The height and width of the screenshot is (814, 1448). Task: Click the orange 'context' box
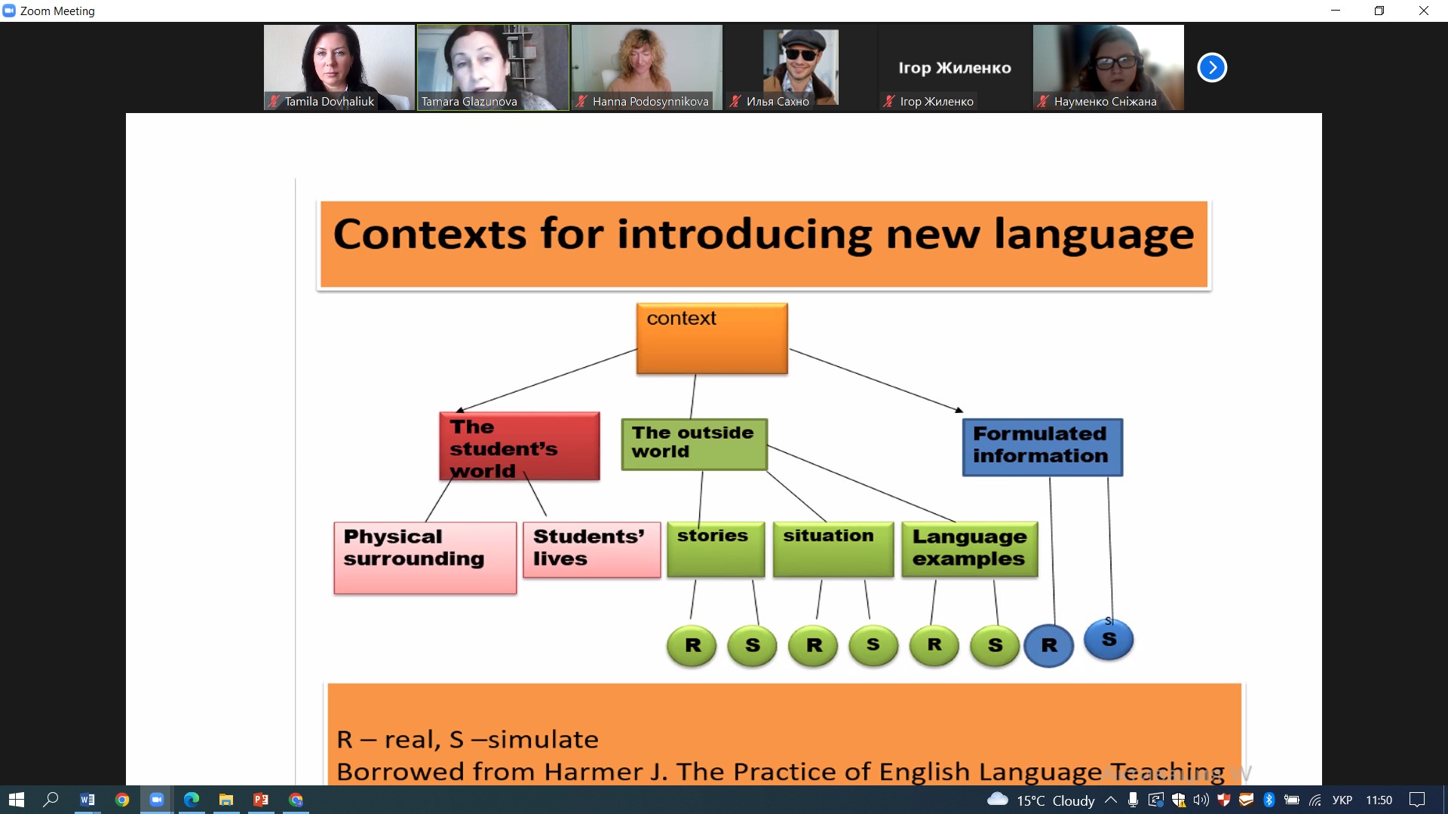[712, 338]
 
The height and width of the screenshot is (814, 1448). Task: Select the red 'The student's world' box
[520, 446]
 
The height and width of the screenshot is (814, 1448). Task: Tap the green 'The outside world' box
[695, 445]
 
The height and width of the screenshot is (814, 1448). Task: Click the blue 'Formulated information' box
[1042, 448]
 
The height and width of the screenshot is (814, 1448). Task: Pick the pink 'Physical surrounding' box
[425, 558]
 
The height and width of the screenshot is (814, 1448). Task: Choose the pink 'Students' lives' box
[592, 550]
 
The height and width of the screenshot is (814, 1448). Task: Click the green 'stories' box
[716, 550]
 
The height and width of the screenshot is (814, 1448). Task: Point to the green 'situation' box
[833, 550]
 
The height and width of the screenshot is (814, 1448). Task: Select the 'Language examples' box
[970, 550]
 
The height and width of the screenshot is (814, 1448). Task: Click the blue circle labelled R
[1049, 646]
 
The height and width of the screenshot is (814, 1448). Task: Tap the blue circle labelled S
[1109, 640]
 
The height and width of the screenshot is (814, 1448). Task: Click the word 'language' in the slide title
[1094, 235]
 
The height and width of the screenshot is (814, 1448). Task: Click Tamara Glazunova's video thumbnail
[493, 68]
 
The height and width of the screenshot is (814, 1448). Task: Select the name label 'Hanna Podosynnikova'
[650, 101]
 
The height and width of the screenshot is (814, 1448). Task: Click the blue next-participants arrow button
[1212, 68]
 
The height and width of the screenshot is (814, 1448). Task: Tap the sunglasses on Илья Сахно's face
[801, 54]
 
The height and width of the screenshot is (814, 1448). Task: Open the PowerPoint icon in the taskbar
[261, 800]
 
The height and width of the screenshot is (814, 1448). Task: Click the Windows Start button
[17, 800]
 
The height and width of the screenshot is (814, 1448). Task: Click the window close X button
[1424, 11]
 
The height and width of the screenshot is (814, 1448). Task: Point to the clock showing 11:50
[1379, 800]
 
